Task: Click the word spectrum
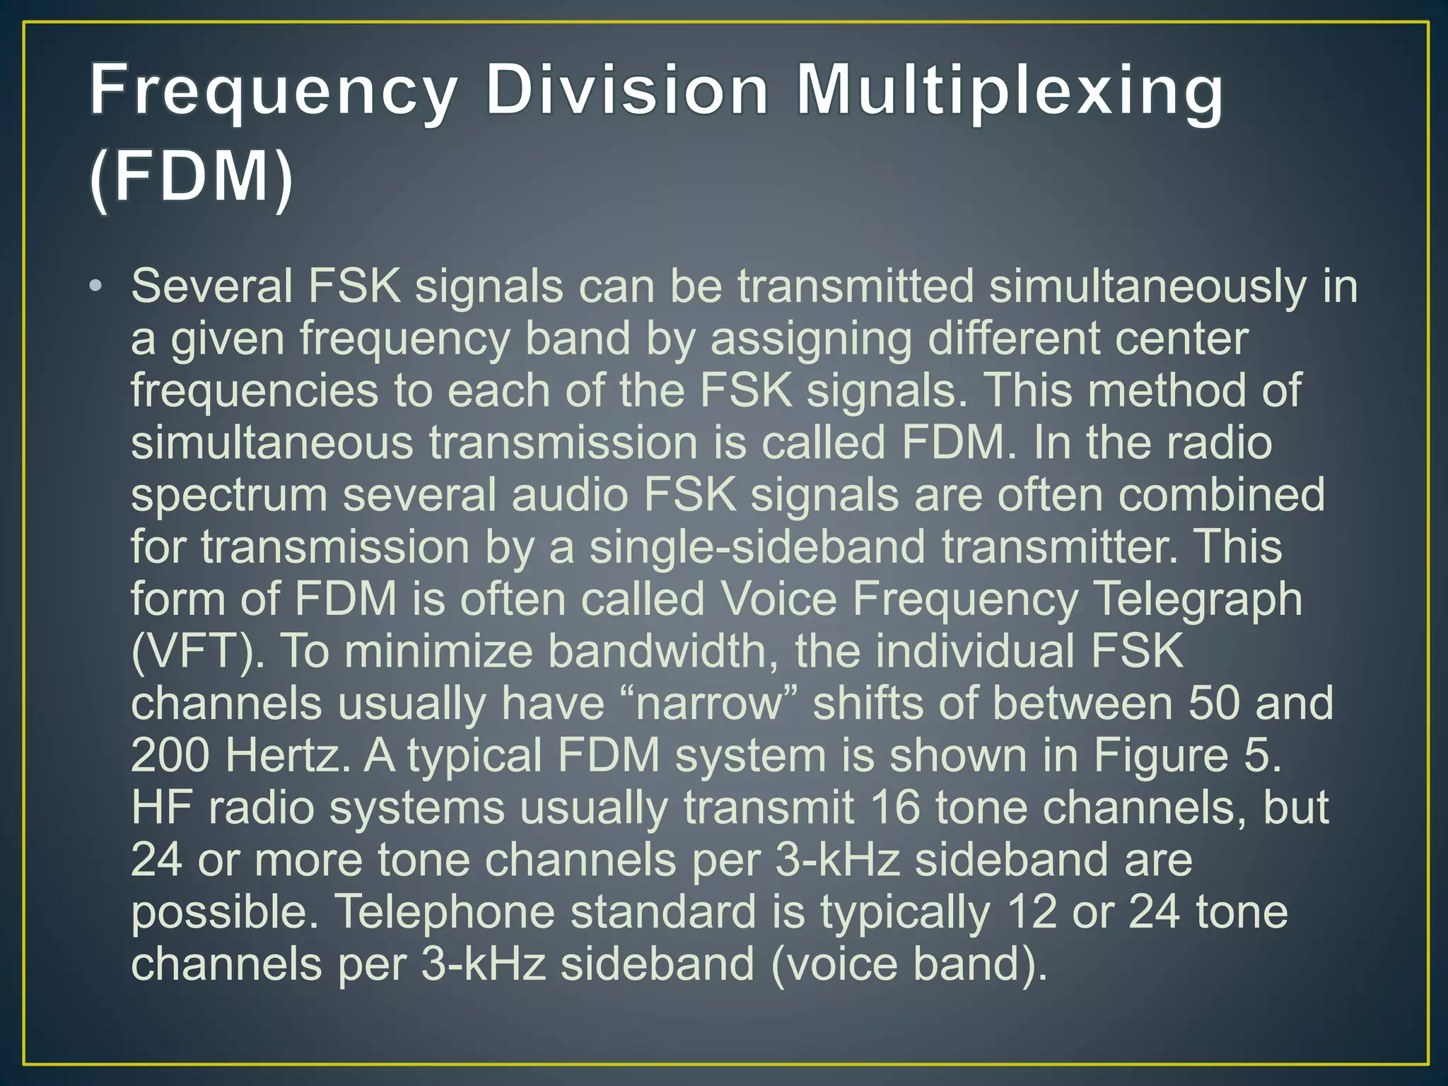(x=229, y=496)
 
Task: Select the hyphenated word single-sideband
(x=757, y=548)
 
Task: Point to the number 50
(x=1213, y=703)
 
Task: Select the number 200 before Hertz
(x=170, y=756)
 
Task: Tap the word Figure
(x=1160, y=757)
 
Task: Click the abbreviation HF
(x=161, y=808)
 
